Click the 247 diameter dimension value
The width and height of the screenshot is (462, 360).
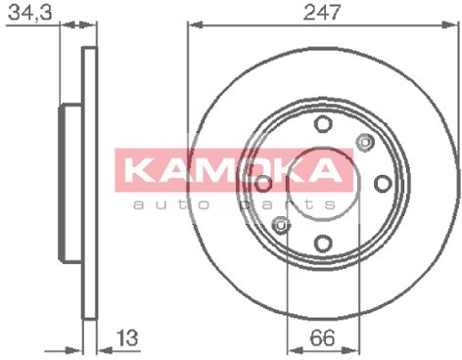pos(321,12)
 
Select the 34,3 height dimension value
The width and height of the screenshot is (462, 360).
pos(30,13)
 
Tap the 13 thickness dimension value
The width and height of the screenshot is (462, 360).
pos(127,337)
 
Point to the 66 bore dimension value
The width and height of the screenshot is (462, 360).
pos(322,337)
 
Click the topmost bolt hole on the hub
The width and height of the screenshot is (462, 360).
pos(323,124)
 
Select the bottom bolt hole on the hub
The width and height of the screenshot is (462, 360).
pos(323,244)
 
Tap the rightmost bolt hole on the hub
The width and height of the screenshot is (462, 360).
pos(383,183)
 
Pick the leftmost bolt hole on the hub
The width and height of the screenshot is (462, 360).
pos(263,183)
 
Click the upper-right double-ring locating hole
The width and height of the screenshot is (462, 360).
pos(365,142)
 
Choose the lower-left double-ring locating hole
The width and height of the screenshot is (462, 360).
pos(281,225)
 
